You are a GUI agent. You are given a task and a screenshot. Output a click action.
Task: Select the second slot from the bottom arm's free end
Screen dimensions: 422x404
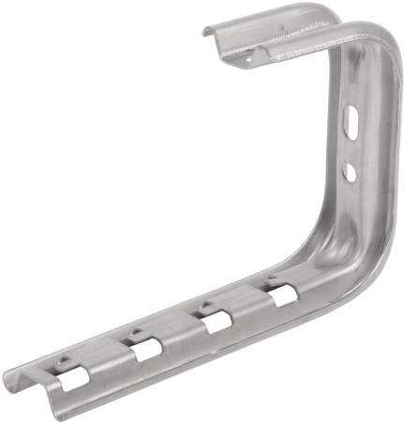pos(146,352)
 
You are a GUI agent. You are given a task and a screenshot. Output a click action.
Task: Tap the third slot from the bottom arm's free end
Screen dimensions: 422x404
pos(215,324)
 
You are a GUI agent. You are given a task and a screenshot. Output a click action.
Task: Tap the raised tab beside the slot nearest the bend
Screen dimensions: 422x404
pos(271,280)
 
